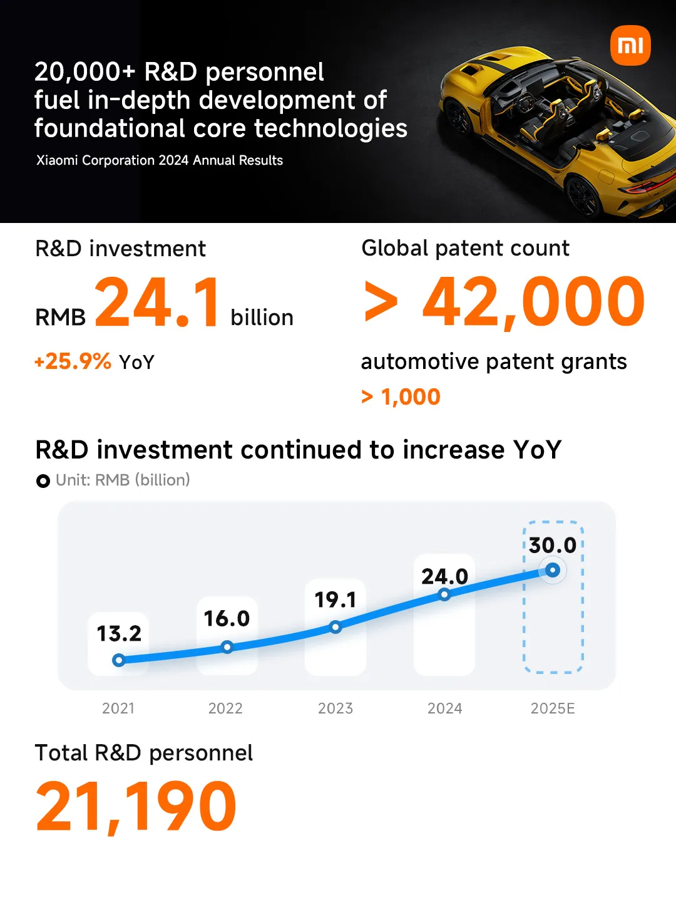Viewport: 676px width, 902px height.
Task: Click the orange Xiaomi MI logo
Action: [630, 45]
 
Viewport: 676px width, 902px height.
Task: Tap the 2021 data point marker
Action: [119, 660]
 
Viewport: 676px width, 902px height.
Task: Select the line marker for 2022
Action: [227, 646]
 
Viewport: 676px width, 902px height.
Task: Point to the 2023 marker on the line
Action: [335, 626]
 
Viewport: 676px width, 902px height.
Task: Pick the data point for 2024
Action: [444, 594]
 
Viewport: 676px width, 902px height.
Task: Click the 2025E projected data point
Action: [553, 570]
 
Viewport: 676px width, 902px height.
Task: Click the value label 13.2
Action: [119, 633]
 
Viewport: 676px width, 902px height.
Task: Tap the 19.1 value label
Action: [335, 599]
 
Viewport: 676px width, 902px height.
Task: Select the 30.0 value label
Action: [553, 545]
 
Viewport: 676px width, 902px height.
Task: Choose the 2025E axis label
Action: [553, 708]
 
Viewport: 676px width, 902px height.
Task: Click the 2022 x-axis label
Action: [225, 708]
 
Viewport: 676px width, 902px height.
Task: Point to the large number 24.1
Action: [158, 303]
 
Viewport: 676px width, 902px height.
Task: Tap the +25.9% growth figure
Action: [73, 361]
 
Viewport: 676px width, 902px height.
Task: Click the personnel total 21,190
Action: [136, 807]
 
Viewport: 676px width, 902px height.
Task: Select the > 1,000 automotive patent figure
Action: [401, 397]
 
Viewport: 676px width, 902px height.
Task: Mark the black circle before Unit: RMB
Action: [43, 481]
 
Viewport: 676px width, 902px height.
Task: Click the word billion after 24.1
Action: [262, 318]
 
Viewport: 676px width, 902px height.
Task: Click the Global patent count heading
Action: [466, 248]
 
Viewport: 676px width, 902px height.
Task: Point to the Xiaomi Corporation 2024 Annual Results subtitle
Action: [160, 160]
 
